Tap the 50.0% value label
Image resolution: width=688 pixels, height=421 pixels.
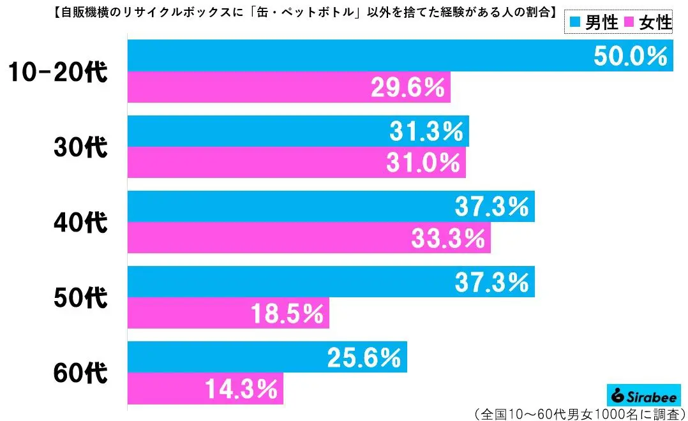[x=629, y=56]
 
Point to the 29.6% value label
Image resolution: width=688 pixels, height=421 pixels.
[x=408, y=88]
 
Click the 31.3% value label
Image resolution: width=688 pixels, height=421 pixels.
[x=426, y=131]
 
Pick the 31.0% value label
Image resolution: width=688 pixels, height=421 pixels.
[x=423, y=163]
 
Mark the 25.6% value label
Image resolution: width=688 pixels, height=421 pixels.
[x=364, y=357]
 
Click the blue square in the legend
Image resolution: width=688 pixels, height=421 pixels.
[x=575, y=24]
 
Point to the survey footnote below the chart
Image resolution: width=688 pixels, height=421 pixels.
[x=580, y=411]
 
